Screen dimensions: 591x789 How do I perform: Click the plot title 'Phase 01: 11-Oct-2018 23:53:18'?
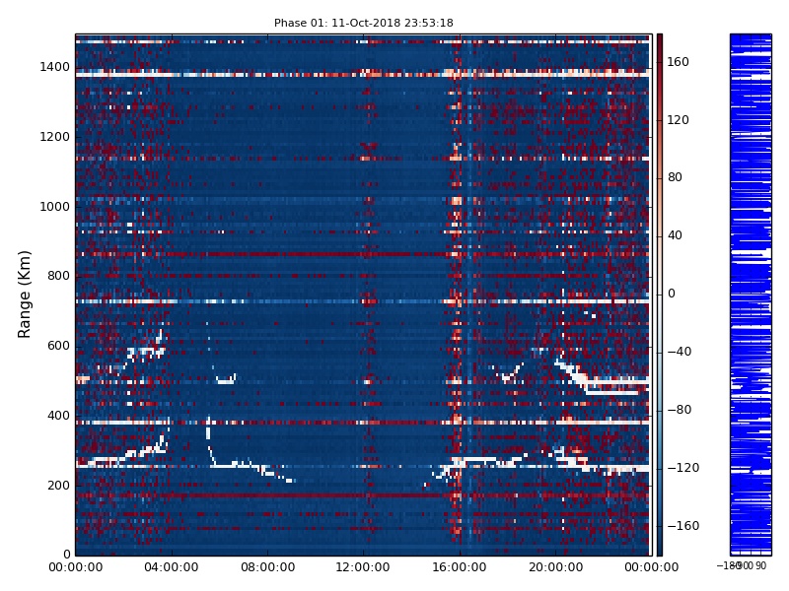(363, 23)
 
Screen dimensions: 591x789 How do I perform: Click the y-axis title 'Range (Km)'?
(26, 294)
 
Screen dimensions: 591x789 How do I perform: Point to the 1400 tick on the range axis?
(54, 67)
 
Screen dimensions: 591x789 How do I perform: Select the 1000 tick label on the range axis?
(54, 207)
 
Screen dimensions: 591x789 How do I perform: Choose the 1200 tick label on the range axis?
(54, 137)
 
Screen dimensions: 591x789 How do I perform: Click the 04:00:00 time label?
(172, 567)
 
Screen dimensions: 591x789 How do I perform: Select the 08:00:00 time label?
(267, 567)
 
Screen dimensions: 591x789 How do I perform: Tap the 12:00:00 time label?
(363, 567)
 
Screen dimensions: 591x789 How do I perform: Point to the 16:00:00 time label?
(459, 567)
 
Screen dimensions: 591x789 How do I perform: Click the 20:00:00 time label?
(555, 567)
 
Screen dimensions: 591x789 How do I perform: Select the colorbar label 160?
(679, 62)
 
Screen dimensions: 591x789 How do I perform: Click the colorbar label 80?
(676, 178)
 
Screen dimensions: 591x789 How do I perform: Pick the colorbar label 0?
(672, 294)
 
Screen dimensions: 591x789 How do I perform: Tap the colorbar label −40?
(679, 352)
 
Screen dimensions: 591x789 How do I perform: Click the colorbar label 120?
(679, 120)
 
